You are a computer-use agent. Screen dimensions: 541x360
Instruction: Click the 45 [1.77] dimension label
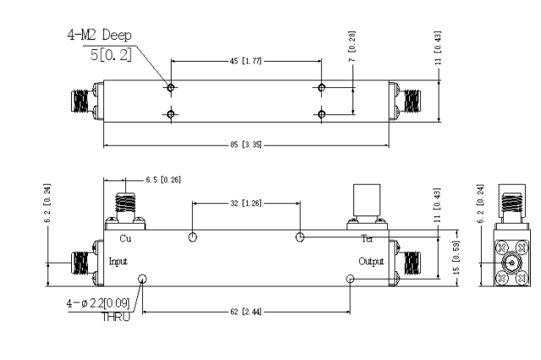[x=246, y=61]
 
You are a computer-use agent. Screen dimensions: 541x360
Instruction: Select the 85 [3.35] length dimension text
[x=246, y=145]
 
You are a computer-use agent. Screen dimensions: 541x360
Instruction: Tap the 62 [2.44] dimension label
[x=246, y=312]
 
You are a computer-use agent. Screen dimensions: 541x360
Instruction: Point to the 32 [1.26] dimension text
[x=246, y=204]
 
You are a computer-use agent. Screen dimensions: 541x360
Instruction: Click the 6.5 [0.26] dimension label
[x=163, y=180]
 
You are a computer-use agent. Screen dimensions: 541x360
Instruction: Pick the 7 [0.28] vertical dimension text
[x=352, y=46]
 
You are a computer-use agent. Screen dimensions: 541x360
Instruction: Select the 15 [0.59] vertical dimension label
[x=456, y=258]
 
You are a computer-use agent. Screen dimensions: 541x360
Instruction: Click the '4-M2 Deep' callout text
[x=100, y=35]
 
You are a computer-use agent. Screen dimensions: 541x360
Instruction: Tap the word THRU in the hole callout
[x=116, y=317]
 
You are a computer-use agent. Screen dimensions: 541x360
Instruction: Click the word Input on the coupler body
[x=118, y=261]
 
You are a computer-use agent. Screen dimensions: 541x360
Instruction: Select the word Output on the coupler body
[x=371, y=261]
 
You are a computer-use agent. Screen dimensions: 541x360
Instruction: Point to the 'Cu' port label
[x=125, y=238]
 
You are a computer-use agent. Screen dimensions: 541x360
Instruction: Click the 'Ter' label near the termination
[x=367, y=238]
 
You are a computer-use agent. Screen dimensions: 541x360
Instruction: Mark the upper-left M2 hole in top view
[x=171, y=88]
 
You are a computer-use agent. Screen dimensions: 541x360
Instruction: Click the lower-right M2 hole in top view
[x=321, y=114]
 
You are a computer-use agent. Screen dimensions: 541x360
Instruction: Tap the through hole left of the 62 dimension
[x=142, y=279]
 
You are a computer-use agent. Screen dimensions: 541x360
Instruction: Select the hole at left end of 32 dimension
[x=193, y=237]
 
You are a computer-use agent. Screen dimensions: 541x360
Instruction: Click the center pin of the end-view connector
[x=512, y=264]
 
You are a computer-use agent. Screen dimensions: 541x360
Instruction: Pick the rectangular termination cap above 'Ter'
[x=367, y=200]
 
